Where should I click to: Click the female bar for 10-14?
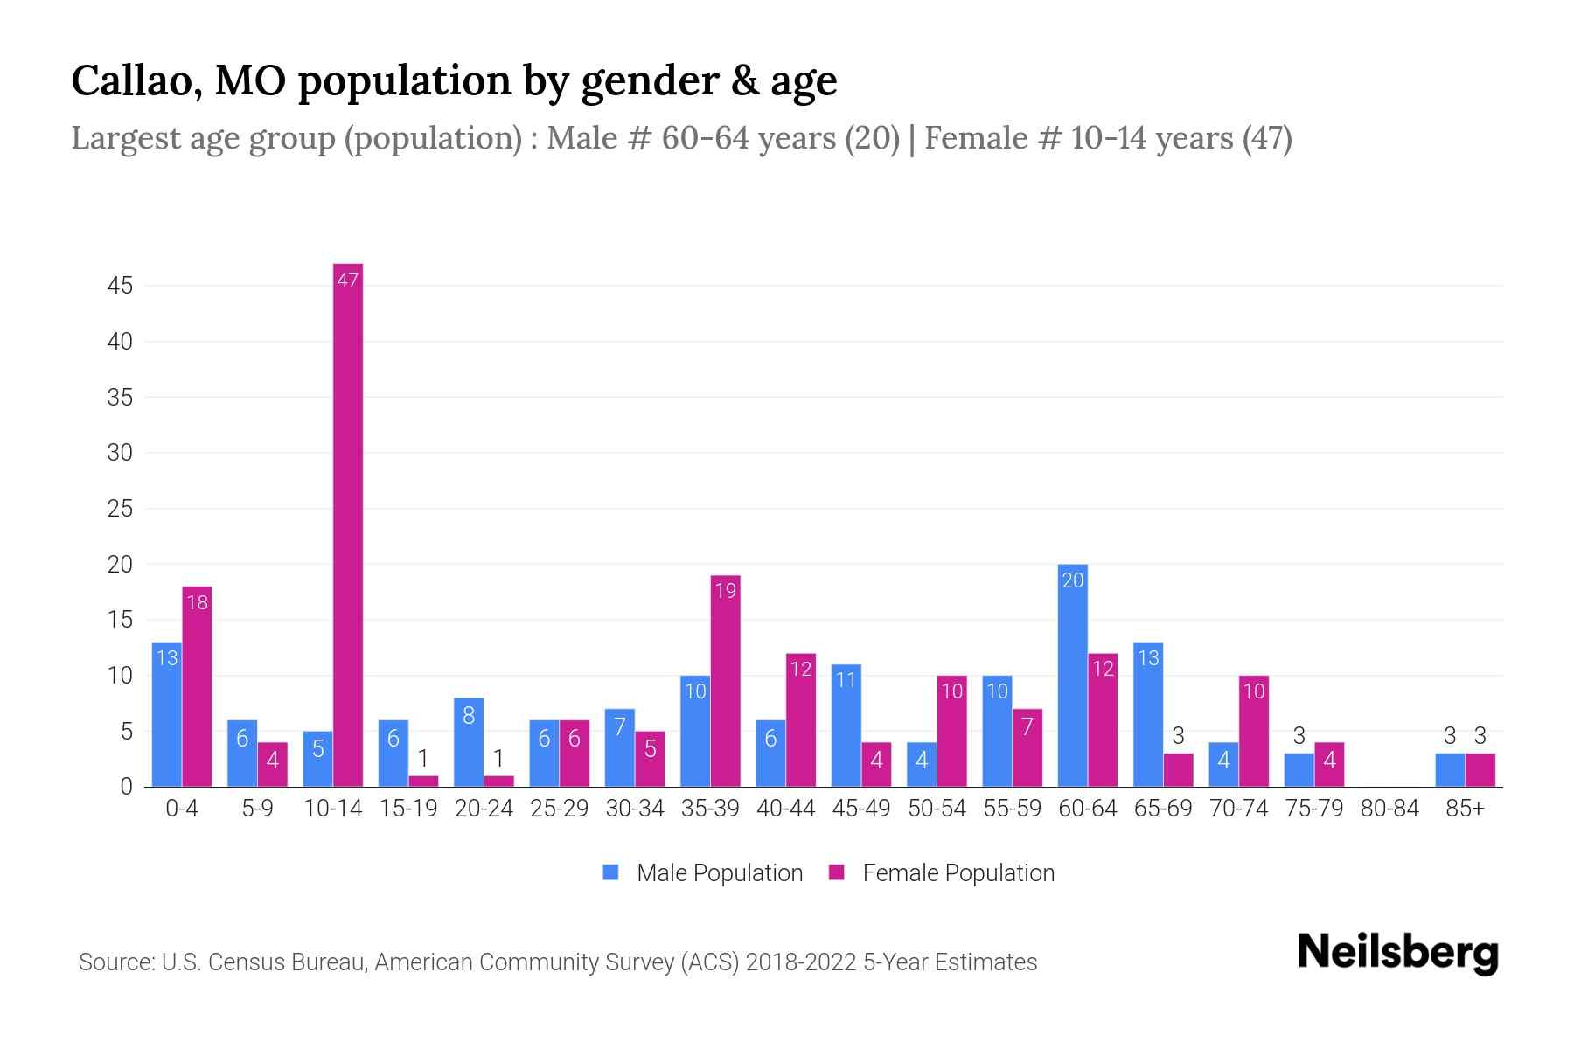click(348, 524)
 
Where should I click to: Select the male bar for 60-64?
click(1072, 676)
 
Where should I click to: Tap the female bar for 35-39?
click(725, 681)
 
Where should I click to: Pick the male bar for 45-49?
click(846, 726)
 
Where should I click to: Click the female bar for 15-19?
click(423, 782)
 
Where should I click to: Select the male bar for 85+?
click(1450, 770)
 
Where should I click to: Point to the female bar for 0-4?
click(197, 686)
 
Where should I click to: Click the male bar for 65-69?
click(1148, 714)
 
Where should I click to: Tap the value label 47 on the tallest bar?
click(348, 280)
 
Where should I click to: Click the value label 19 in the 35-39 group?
click(725, 591)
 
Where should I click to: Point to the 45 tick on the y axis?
click(120, 286)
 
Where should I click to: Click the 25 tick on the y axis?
click(120, 509)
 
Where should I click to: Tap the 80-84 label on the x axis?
click(1389, 809)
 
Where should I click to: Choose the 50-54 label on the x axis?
click(937, 809)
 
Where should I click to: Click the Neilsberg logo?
click(1397, 953)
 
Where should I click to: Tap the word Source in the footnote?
click(115, 962)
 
